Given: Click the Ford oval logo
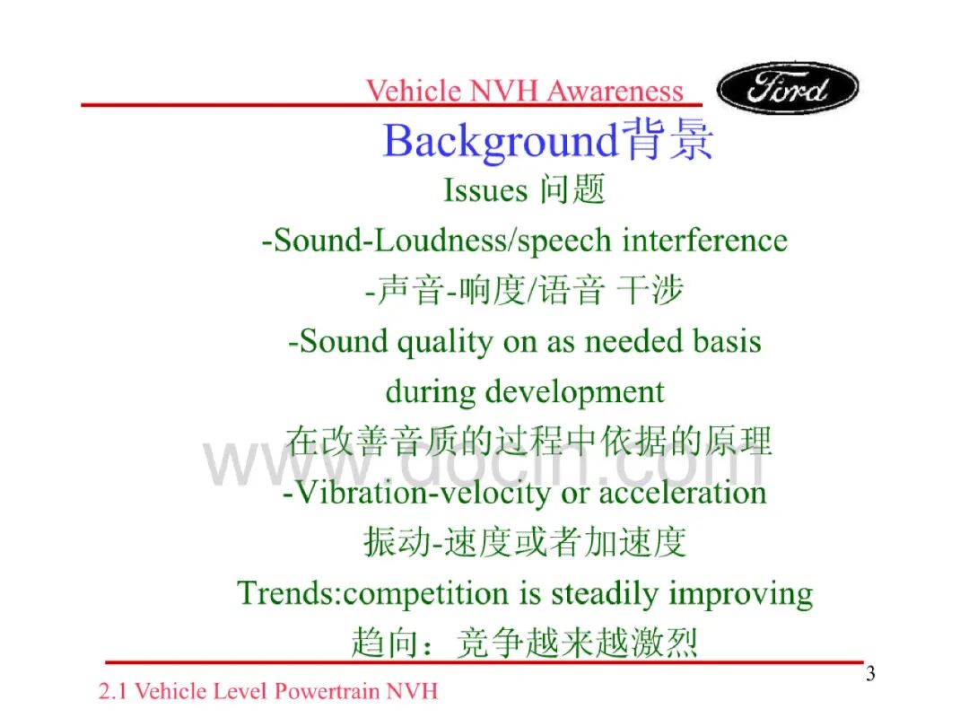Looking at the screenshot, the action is click(788, 88).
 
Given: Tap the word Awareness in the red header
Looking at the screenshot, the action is click(615, 91).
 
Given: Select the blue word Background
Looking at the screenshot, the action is click(501, 142).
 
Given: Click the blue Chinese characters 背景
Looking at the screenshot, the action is click(667, 140).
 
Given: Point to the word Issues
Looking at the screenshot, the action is click(485, 189).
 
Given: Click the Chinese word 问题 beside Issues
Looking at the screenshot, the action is click(572, 189).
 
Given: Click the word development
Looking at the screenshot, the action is click(575, 392).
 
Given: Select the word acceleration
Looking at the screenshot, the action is click(682, 493).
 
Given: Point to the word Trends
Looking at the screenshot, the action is click(286, 593).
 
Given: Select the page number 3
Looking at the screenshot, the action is click(870, 673).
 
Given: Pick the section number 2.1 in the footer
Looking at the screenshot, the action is click(113, 691).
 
